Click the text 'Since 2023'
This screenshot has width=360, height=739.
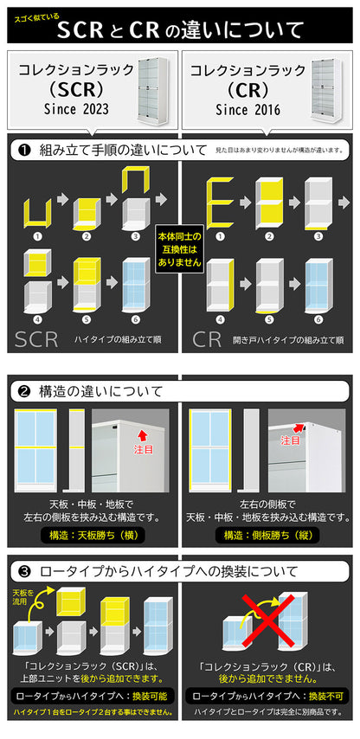coord(76,109)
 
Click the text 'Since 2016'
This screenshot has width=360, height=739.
coord(247,110)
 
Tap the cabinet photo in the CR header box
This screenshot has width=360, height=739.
coord(326,91)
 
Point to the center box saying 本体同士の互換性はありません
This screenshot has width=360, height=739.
coord(179,249)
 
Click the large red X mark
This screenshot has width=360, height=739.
coord(268,621)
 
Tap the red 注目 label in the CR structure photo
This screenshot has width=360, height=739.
coord(291,440)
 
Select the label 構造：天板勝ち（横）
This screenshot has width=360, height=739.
coord(93,535)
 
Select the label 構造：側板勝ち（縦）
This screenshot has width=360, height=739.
coord(267,535)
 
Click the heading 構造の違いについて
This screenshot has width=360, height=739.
coord(101,391)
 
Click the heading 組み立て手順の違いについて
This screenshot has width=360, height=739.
coord(124,151)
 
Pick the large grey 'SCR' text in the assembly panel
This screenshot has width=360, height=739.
coord(36,339)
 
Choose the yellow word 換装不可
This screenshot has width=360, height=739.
coord(326,696)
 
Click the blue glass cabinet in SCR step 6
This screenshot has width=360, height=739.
coord(136,286)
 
